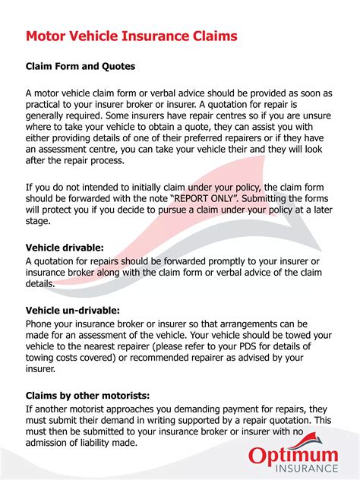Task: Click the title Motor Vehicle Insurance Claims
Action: click(131, 36)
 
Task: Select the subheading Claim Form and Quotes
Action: click(81, 66)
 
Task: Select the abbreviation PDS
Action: click(248, 346)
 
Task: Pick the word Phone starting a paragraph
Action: click(43, 322)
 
